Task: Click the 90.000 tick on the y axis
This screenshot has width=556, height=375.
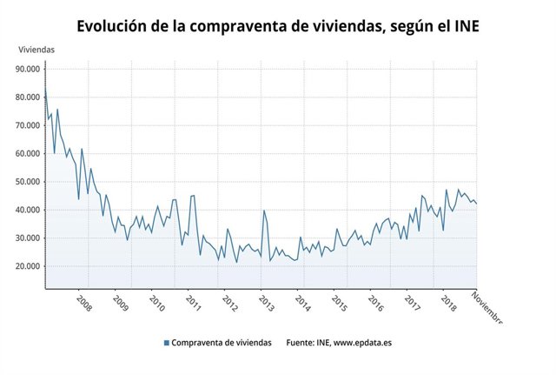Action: (26, 69)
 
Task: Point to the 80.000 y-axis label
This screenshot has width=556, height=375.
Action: (26, 97)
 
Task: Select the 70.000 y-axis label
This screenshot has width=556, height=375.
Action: (26, 125)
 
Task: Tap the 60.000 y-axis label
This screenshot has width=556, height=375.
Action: (26, 153)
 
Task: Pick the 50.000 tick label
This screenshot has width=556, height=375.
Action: (26, 182)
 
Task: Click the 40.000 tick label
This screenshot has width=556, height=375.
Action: (26, 210)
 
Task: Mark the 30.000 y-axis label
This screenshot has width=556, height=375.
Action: (26, 238)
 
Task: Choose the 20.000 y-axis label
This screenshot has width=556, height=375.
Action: (26, 266)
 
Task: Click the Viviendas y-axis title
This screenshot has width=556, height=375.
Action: (36, 50)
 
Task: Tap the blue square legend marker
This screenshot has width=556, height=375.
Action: (166, 343)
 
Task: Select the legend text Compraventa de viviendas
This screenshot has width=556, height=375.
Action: (222, 343)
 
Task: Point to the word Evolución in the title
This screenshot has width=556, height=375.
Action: (114, 26)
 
